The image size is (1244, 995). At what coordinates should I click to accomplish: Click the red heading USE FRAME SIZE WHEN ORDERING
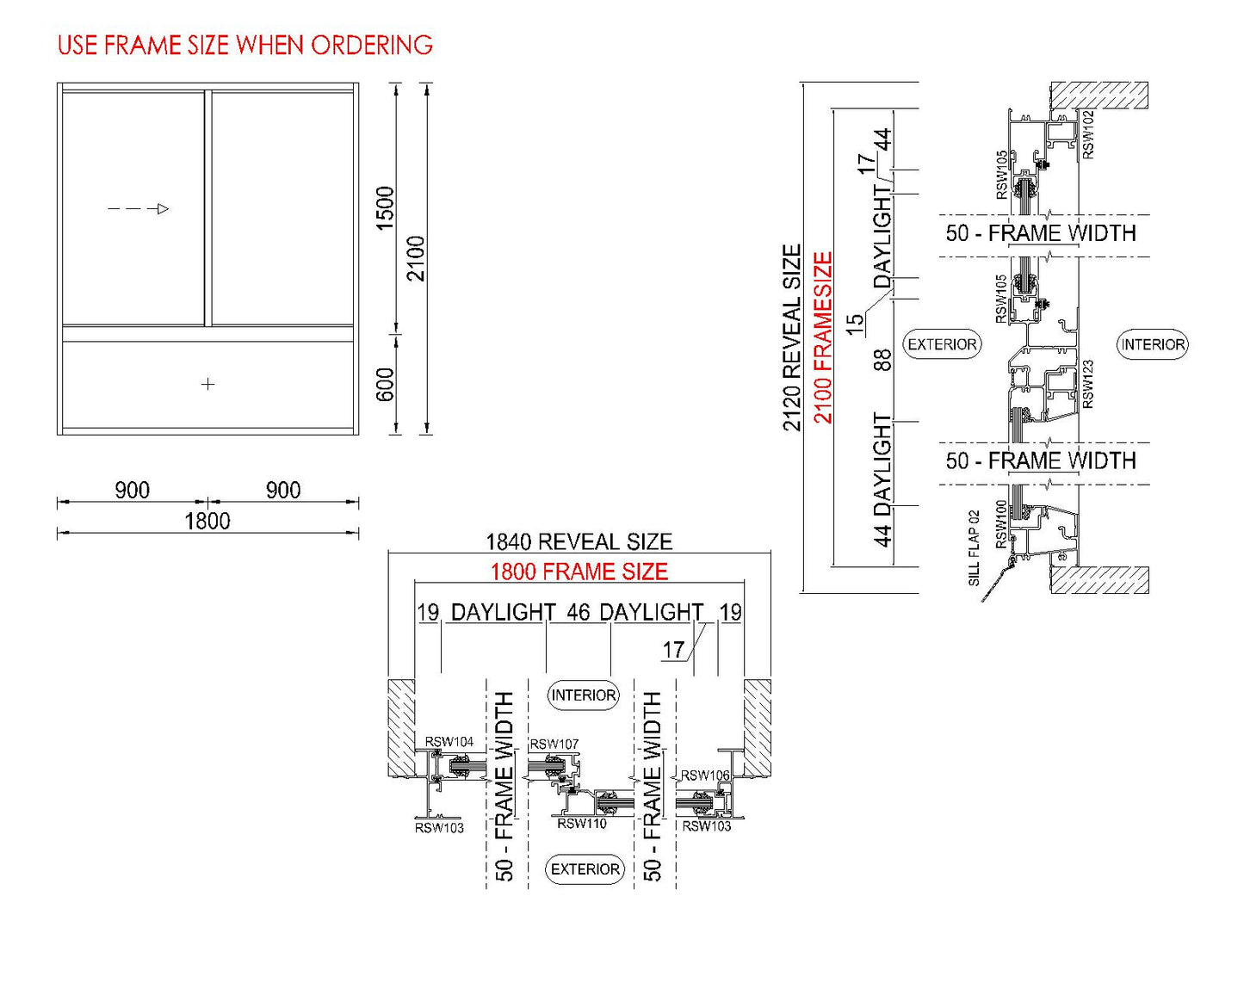244,45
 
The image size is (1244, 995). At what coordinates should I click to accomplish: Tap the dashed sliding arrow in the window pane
138,208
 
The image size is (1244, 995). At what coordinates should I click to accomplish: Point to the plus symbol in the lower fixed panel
207,384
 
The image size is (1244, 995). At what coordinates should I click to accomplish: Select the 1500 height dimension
385,207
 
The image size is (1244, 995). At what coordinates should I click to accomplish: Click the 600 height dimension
385,384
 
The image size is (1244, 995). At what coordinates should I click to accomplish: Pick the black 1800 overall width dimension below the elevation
207,521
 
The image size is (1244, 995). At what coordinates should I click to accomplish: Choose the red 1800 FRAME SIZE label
579,572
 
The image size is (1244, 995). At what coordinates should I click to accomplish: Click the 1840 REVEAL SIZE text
579,541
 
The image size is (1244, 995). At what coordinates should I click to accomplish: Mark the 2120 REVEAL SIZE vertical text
791,337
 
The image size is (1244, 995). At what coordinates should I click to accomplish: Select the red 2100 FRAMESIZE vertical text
823,337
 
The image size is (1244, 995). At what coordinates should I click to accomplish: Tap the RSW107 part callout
554,744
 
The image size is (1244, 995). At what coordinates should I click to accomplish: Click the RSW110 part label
582,824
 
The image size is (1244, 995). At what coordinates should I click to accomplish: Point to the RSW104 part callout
449,742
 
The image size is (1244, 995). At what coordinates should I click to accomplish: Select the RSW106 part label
705,776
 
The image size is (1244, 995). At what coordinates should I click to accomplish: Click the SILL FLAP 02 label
974,548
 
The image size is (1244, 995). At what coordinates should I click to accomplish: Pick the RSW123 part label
1087,384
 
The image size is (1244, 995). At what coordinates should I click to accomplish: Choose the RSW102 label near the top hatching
1088,134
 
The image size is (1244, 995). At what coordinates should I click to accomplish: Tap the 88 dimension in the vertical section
882,360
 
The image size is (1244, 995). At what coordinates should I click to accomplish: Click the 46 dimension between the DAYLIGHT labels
578,612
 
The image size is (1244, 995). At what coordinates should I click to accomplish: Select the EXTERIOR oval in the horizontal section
585,869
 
